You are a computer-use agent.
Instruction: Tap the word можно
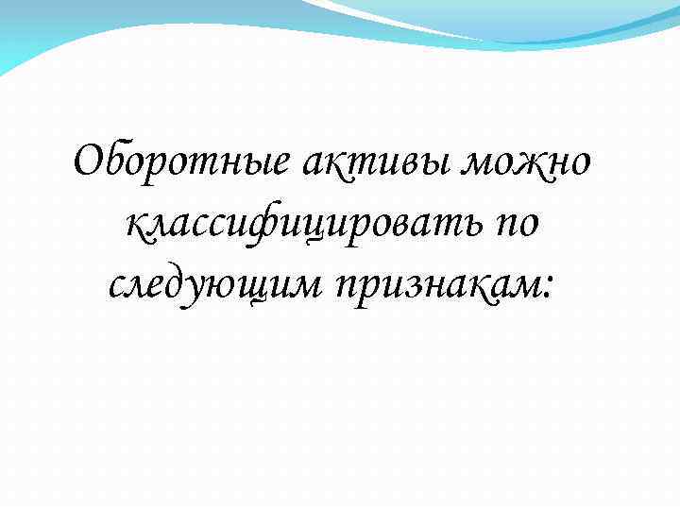[x=536, y=163]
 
